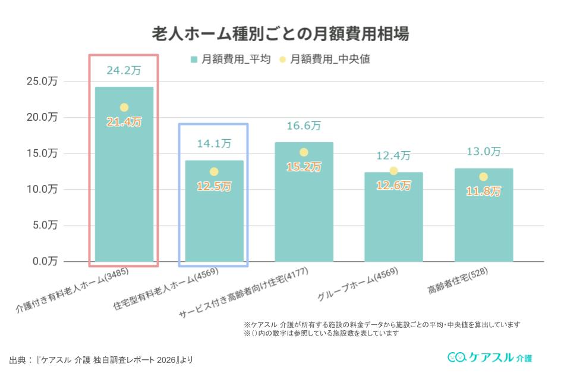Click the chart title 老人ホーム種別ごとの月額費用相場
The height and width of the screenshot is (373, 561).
click(280, 33)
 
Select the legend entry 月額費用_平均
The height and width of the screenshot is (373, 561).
click(231, 59)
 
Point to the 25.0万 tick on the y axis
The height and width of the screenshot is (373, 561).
click(42, 82)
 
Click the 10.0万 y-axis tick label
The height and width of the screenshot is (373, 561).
click(42, 189)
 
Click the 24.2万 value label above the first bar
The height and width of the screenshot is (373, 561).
click(124, 70)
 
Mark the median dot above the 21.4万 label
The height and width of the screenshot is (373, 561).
click(124, 108)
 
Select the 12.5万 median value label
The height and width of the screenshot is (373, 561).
click(214, 186)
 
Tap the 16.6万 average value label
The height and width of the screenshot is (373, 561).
click(304, 126)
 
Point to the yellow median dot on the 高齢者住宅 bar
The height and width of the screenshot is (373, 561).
click(483, 177)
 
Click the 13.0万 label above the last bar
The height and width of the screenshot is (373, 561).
click(483, 152)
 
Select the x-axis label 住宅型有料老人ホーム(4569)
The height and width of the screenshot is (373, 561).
click(166, 291)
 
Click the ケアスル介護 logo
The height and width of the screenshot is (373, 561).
click(490, 358)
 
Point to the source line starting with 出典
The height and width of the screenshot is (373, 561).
click(101, 360)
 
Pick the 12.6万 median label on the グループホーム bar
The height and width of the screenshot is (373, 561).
click(393, 186)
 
